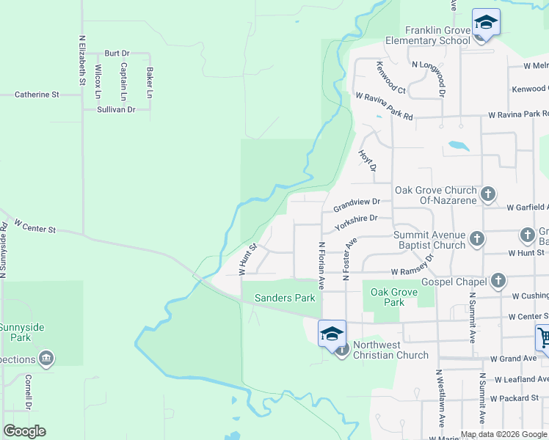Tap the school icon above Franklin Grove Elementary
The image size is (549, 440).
point(486,22)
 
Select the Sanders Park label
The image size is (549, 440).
point(285,298)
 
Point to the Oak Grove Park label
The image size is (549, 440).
point(394,297)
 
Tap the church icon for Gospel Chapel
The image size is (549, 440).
point(498,281)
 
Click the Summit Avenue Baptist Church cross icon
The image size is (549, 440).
point(477,238)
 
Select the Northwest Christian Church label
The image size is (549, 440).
point(390,351)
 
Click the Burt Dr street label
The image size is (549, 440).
point(117,54)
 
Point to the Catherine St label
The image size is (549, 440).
point(37,95)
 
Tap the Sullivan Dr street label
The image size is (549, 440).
point(117,109)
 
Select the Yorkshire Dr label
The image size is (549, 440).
point(356,222)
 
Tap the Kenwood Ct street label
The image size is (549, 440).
point(391,77)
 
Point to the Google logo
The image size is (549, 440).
point(24,431)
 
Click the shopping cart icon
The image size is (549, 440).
point(544,338)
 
